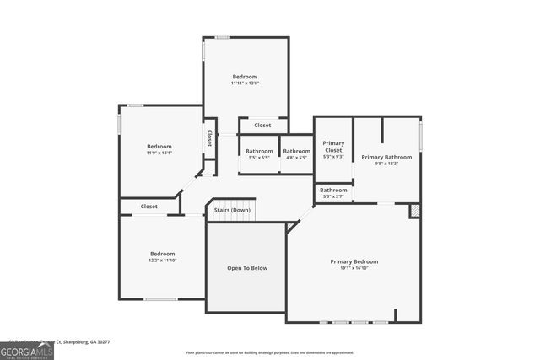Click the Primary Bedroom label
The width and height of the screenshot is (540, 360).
[354, 261]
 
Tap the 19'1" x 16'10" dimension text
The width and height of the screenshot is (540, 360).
[354, 268]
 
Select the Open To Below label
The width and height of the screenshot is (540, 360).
[247, 268]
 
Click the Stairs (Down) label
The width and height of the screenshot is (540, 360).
[231, 210]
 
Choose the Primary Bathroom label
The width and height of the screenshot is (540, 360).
[386, 157]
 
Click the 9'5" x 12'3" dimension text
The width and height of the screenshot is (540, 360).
[386, 164]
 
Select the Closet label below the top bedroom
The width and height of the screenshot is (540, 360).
[263, 126]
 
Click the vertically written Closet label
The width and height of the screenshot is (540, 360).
[209, 138]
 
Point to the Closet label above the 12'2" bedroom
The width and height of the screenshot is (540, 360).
[149, 206]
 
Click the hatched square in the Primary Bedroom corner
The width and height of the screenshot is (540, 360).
[414, 211]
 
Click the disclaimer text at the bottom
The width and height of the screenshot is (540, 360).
[270, 352]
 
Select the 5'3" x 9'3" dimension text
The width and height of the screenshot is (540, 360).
[334, 157]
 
